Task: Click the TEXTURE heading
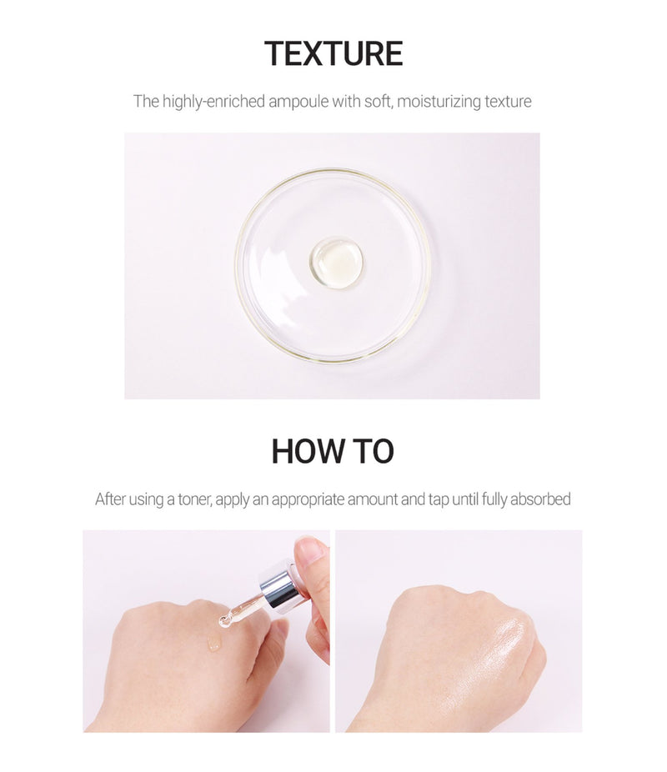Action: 333,53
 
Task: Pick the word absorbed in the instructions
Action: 540,499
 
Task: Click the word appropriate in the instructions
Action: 308,500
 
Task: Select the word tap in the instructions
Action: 438,500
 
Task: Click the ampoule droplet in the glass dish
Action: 337,263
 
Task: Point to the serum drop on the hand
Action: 214,642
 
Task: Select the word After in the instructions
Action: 110,499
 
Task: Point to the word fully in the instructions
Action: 494,499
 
